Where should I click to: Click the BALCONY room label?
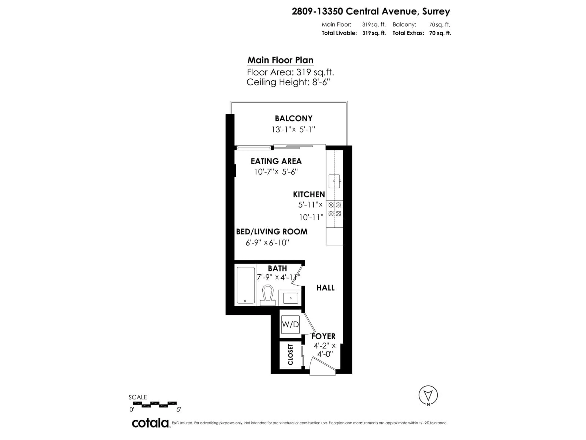tap(293, 118)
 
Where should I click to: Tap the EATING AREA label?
tap(276, 161)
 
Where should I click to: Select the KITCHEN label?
tap(309, 194)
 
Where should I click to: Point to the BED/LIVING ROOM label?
tap(271, 232)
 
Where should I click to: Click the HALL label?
tap(325, 288)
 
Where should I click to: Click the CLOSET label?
tap(290, 354)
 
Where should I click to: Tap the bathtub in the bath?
tap(246, 285)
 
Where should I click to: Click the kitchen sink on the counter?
tap(334, 181)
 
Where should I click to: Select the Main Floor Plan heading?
tap(280, 60)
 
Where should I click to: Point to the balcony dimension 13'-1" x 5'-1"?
tap(293, 129)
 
